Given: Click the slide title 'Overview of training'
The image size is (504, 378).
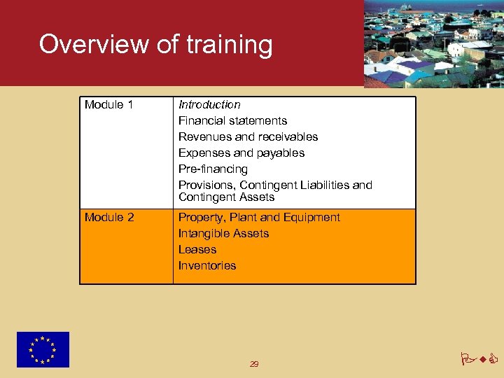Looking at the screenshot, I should [155, 45].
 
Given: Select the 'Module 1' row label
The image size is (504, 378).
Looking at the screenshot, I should [108, 105].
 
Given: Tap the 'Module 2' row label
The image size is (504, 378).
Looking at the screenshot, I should [109, 218].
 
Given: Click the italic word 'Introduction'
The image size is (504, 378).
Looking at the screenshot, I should [209, 105].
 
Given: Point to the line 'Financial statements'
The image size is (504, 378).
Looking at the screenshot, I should [232, 121].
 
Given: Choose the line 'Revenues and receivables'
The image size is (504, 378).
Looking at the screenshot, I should [248, 137].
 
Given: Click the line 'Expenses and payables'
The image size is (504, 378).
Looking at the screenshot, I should [241, 153].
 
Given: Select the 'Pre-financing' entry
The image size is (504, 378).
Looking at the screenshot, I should [213, 169].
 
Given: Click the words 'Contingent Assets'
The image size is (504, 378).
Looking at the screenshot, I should [226, 197].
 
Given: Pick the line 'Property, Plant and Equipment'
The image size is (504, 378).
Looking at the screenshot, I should [259, 218].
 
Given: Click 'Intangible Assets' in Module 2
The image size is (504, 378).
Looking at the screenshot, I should [223, 234].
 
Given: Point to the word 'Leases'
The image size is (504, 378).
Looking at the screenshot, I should [197, 250].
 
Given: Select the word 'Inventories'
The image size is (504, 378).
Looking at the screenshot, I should [207, 266].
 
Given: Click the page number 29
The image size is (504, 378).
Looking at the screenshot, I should [254, 364].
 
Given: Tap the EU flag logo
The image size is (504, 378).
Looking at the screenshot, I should [43, 349].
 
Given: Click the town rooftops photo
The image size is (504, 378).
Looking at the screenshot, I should [433, 43].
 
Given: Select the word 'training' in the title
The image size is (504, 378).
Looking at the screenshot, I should [229, 45].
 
